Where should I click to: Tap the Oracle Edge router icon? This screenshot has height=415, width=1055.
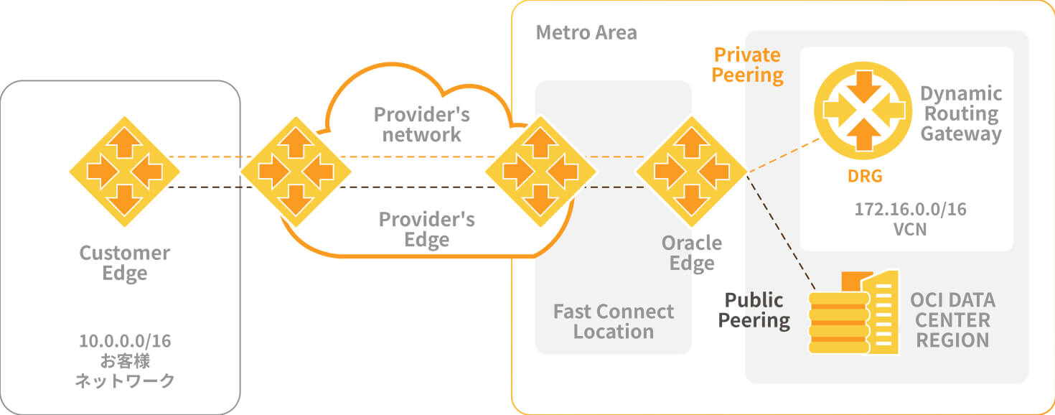pos(691,172)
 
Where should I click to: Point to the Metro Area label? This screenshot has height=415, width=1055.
pos(586,33)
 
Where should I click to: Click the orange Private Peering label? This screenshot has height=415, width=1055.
pos(747,65)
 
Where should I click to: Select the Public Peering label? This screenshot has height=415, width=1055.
pos(754,310)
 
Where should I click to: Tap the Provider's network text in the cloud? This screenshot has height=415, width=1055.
pos(422,124)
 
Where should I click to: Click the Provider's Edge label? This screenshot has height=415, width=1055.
pos(426,229)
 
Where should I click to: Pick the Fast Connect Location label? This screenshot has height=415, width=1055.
pos(614,321)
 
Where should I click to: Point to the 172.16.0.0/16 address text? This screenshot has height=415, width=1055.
pos(910,210)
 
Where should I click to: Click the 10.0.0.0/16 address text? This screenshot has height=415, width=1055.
pos(125,340)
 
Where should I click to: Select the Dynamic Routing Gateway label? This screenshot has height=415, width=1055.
pos(961,113)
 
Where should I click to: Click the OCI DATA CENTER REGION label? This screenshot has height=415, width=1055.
pos(952,320)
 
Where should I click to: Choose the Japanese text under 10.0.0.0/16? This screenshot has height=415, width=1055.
pos(125,370)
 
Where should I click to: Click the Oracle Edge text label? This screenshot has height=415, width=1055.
pos(692,253)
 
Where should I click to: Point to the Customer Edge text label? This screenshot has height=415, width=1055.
pos(125,263)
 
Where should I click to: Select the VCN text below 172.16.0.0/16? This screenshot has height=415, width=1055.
pos(910,230)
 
